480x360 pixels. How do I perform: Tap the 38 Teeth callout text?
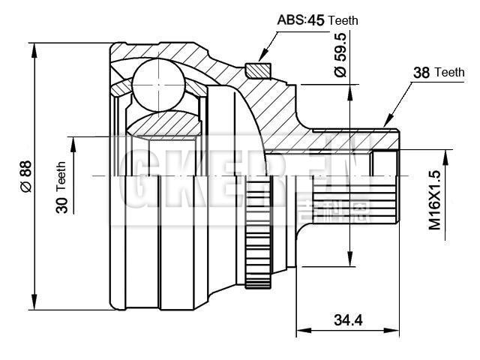439,73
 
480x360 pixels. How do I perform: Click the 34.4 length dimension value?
348,320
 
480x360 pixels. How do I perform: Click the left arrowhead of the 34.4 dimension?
301,330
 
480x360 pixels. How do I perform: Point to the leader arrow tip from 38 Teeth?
385,124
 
